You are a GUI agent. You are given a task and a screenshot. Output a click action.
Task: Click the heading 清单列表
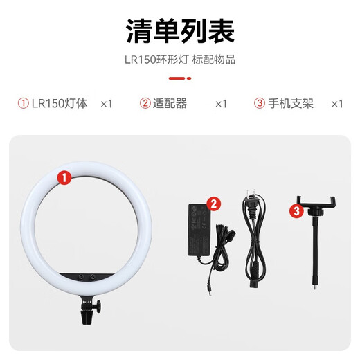click(x=179, y=32)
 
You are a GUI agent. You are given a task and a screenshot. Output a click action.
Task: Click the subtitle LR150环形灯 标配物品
click(x=179, y=60)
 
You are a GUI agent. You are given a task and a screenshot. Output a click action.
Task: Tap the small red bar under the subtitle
click(x=179, y=78)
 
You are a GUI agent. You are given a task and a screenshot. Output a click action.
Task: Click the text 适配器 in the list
click(x=170, y=104)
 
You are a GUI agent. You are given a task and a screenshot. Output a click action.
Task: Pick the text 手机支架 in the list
click(x=290, y=104)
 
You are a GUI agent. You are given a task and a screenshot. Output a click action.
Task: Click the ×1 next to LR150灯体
click(x=106, y=104)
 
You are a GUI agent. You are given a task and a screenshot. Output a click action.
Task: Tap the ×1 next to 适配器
click(x=221, y=104)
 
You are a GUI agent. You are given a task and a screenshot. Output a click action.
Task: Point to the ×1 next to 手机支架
click(x=336, y=104)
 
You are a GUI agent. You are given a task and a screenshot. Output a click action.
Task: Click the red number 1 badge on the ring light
click(x=64, y=179)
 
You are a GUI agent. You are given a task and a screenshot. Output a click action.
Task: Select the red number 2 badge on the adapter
click(x=213, y=204)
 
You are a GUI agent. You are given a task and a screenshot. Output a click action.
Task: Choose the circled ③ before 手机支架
click(x=260, y=104)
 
